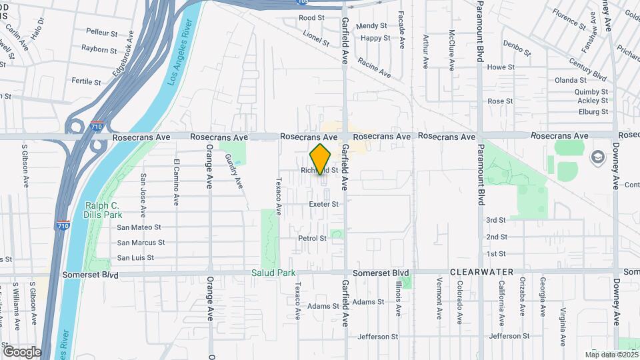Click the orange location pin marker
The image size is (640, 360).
(321, 159)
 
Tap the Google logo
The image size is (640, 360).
(22, 351)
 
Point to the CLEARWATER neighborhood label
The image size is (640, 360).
(482, 272)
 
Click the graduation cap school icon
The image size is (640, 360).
(596, 155)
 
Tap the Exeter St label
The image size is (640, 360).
(323, 204)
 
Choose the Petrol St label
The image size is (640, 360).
(312, 238)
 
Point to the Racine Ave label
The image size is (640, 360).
(373, 64)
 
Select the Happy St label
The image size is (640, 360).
(375, 38)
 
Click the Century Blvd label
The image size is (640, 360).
(587, 69)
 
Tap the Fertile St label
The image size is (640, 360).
(86, 82)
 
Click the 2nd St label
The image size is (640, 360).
(496, 237)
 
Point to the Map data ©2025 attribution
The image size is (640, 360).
(611, 354)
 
